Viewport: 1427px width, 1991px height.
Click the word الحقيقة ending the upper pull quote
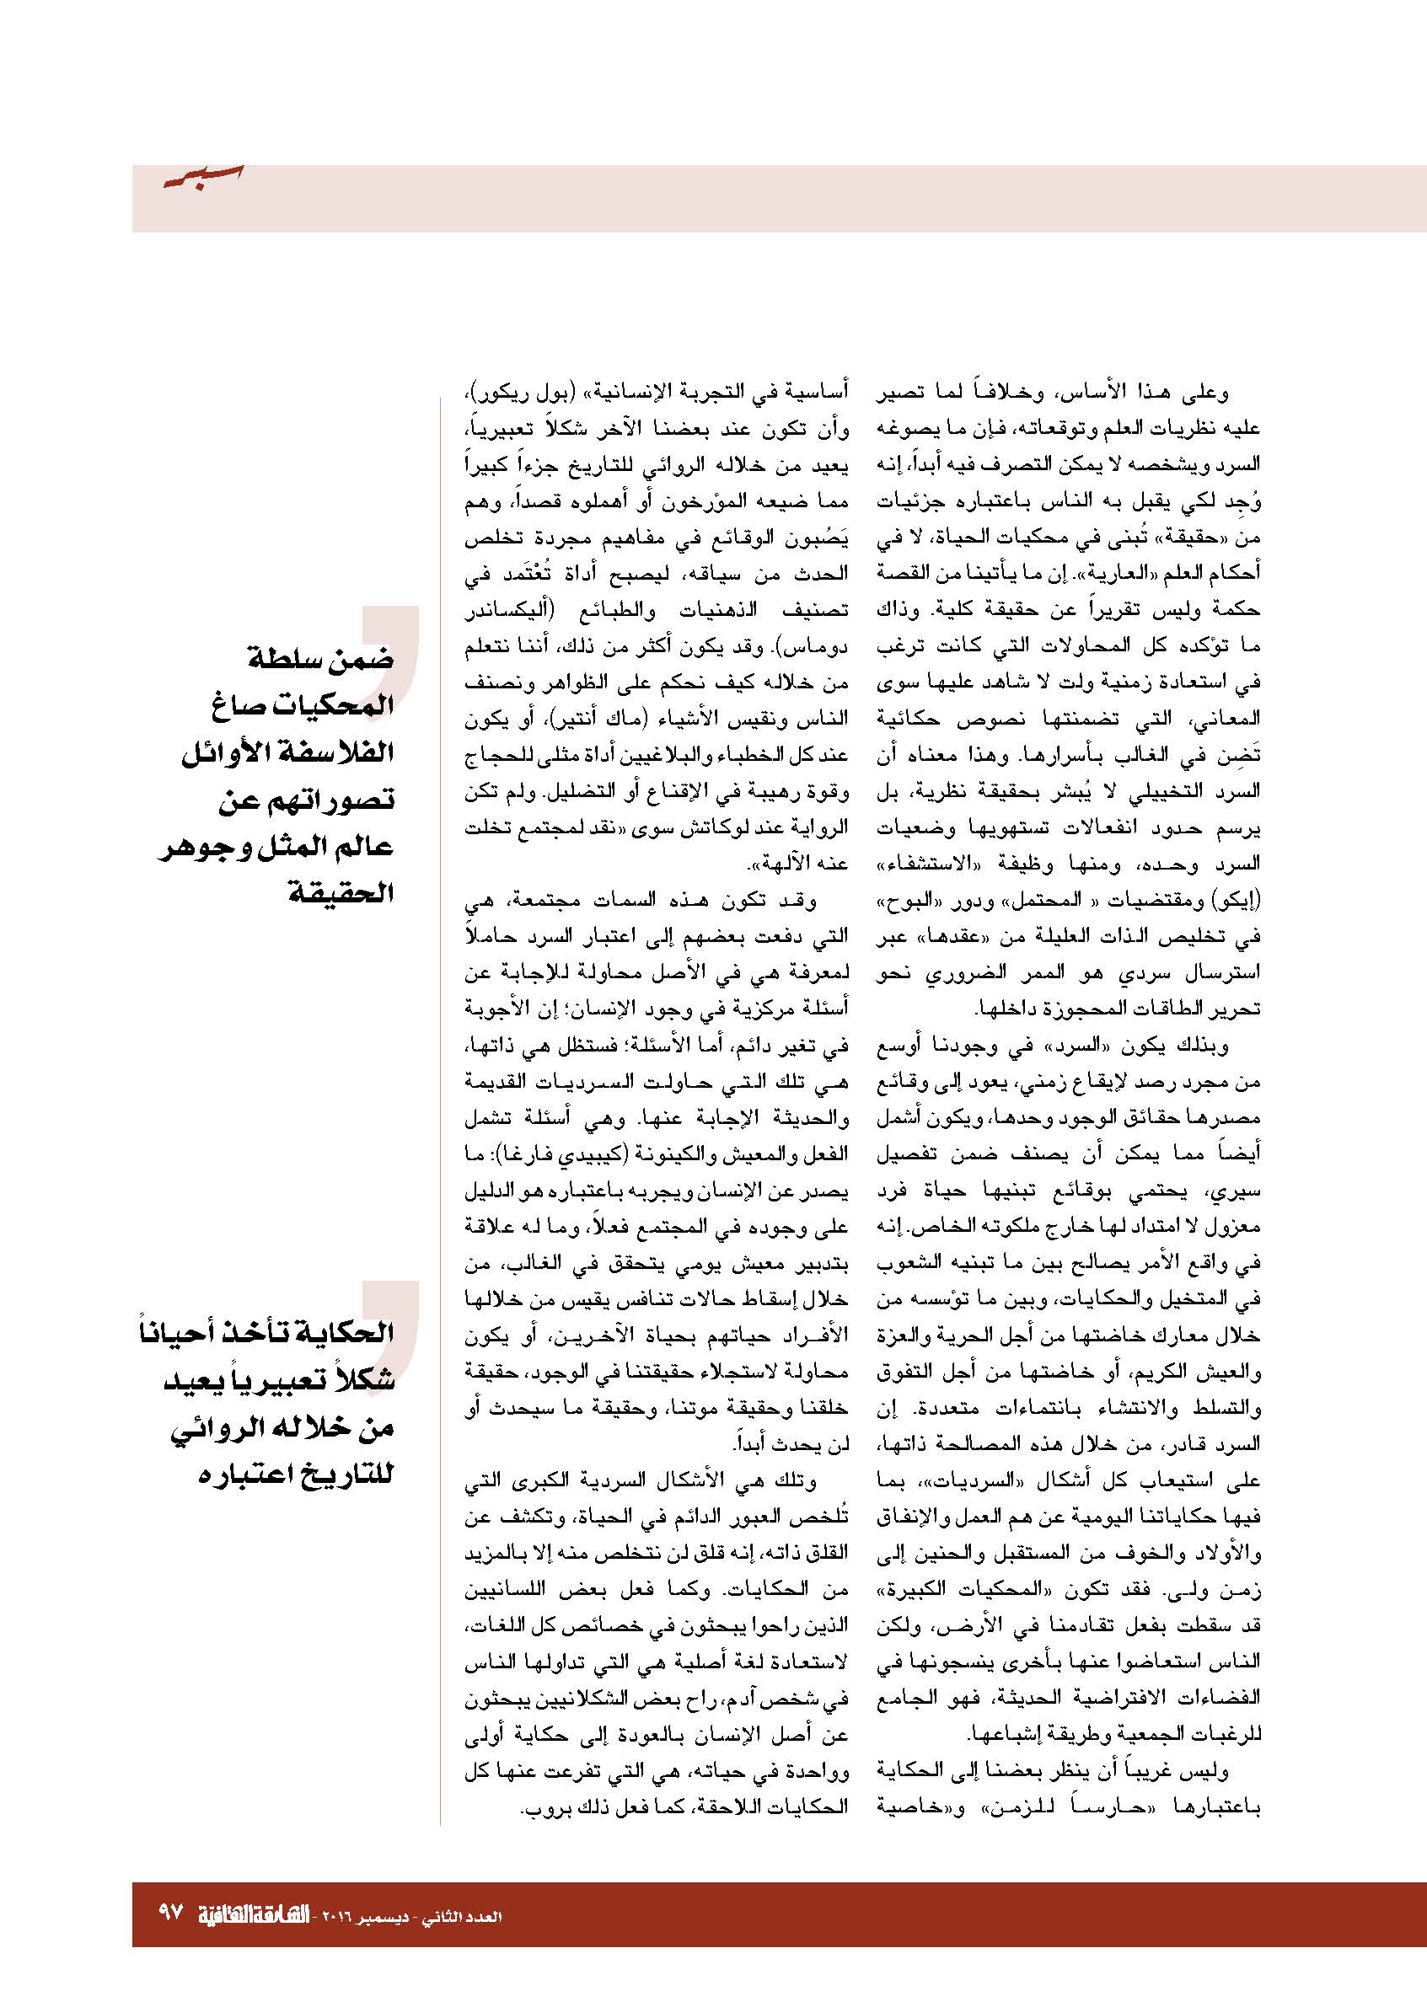[342, 896]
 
